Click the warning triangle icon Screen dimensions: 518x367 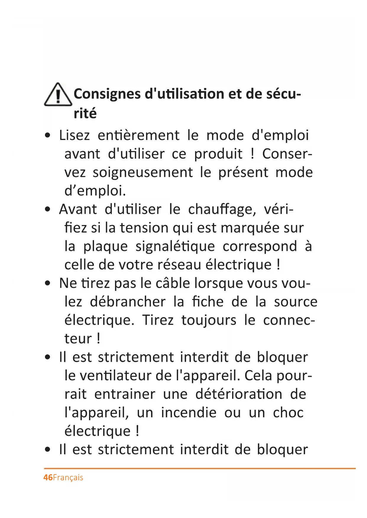tap(58, 95)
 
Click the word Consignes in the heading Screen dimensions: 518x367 tap(107, 94)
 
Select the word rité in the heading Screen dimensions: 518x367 tap(85, 113)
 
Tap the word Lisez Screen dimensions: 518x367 tap(74, 136)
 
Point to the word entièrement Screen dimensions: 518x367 tap(138, 136)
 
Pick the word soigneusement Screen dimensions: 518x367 tap(143, 172)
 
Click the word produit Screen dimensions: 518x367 tap(218, 154)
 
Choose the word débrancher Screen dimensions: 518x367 tap(127, 302)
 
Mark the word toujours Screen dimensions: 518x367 tap(209, 320)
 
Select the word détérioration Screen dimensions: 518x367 tap(239, 394)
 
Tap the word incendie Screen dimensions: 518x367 tap(189, 413)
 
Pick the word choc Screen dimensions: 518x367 tap(288, 413)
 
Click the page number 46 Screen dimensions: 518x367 tap(48, 478)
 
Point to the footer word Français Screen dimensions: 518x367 tap(68, 478)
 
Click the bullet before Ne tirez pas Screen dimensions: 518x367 tap(48, 284)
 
